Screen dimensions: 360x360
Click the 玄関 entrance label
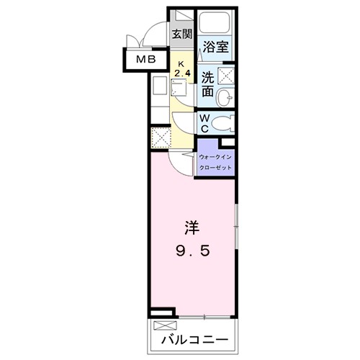pos(182,33)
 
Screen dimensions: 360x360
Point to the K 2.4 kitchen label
pos(181,69)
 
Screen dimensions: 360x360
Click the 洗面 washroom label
pos(207,84)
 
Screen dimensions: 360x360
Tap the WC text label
pos(204,122)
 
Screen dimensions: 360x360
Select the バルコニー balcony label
pos(194,338)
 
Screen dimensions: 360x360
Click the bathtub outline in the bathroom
pos(216,24)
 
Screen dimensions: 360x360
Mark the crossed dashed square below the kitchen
pos(160,137)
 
